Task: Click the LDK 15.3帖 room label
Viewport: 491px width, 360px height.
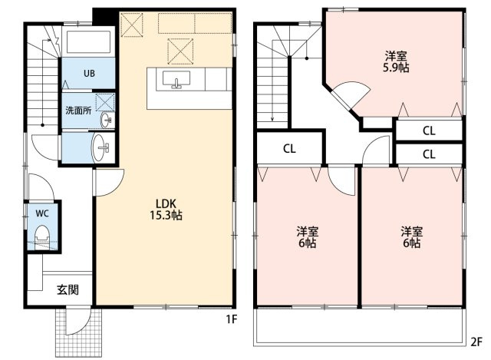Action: click(166, 210)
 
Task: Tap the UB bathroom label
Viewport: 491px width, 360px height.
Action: click(89, 74)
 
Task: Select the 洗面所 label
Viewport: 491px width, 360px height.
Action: click(78, 111)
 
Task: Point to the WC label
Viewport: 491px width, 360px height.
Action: click(42, 213)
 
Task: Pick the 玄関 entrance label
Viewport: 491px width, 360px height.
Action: click(68, 290)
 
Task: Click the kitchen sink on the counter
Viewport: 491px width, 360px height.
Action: click(176, 80)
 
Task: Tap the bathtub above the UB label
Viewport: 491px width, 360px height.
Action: click(89, 41)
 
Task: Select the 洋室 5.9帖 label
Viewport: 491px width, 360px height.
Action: click(396, 62)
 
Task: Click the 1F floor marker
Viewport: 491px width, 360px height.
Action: click(232, 319)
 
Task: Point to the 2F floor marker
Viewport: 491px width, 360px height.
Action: click(476, 342)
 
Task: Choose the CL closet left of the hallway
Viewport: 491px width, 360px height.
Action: click(289, 149)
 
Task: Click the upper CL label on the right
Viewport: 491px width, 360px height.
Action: click(429, 130)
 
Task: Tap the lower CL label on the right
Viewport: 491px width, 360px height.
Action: click(429, 154)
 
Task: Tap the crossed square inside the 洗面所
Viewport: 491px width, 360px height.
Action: click(105, 102)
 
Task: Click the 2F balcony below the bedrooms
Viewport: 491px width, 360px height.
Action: click(359, 327)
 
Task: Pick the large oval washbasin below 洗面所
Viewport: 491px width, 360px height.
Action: click(99, 147)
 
